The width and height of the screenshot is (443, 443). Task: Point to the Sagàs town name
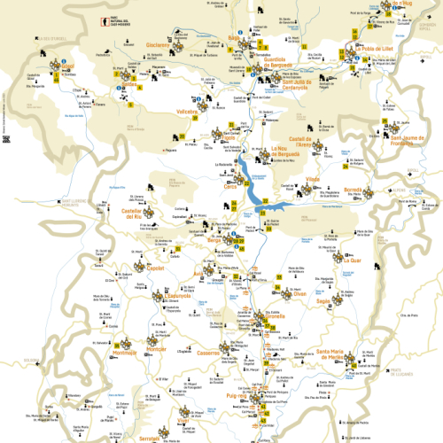coord(323,300)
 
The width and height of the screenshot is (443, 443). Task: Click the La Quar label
coord(351,260)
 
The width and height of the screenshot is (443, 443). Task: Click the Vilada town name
coord(312,180)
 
